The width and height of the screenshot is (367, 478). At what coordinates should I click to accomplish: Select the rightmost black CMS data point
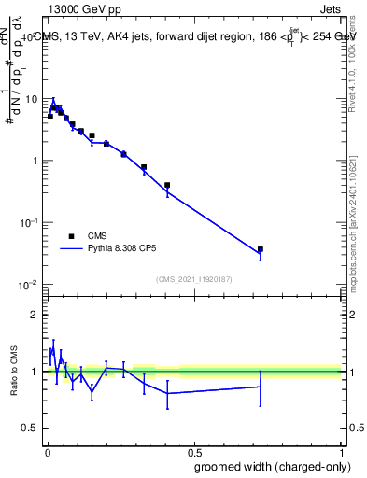point(261,249)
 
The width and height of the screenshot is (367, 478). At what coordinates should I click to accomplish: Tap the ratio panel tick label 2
point(35,315)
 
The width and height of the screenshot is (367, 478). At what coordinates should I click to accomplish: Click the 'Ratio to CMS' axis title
point(14,371)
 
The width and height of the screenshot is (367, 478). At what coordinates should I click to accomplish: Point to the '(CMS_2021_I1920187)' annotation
point(193,278)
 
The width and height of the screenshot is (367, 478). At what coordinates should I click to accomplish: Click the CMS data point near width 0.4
point(167,185)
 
